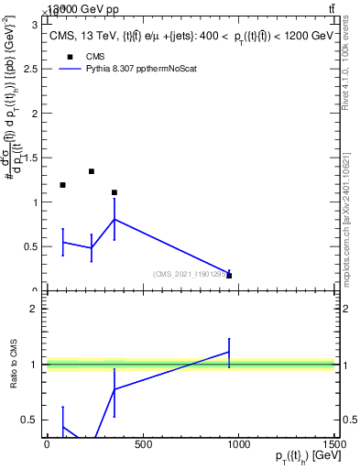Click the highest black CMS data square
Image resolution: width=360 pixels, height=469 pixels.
[92, 171]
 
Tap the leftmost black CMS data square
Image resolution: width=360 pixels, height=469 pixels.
[62, 185]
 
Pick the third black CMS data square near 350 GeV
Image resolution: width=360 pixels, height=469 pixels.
[114, 192]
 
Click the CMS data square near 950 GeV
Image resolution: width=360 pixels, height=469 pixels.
[229, 275]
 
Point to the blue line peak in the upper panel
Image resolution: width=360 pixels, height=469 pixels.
[114, 219]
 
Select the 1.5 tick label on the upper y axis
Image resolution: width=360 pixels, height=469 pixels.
[32, 158]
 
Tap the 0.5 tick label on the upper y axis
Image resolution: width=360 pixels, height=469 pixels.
[32, 246]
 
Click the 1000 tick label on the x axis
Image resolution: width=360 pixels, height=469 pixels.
[238, 444]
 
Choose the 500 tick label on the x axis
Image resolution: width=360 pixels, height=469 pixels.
[142, 444]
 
